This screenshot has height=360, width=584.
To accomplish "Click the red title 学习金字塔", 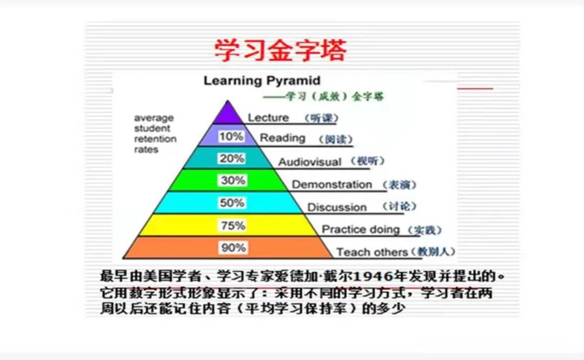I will coord(280,50).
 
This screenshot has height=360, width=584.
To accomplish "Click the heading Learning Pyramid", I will coord(262,81).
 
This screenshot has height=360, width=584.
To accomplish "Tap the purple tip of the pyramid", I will coord(228,114).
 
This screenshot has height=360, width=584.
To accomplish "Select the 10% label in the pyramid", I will coord(231,137).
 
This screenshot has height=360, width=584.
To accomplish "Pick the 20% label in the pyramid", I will coord(232,159).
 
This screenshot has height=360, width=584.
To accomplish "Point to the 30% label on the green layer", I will coord(233,181).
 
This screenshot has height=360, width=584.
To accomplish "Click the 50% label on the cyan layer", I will coord(232,203).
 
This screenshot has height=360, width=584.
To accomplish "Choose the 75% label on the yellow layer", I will coord(233,225).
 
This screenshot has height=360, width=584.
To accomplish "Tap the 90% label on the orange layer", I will coord(233,248).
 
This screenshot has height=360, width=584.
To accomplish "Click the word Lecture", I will coord(268,118).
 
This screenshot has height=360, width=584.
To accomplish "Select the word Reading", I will coord(282,138).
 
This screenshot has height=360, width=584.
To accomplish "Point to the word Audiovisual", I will coord(310,162).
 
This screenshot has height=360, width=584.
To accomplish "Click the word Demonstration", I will coord(332,185).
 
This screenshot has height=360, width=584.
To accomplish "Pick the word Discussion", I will coord(337,208).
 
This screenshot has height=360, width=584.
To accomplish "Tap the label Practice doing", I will coord(361,230).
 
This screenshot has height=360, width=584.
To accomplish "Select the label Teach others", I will coord(372,252).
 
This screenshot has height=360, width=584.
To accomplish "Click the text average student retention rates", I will coord(155,134).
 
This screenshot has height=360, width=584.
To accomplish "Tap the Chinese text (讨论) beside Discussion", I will coord(400,207).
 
